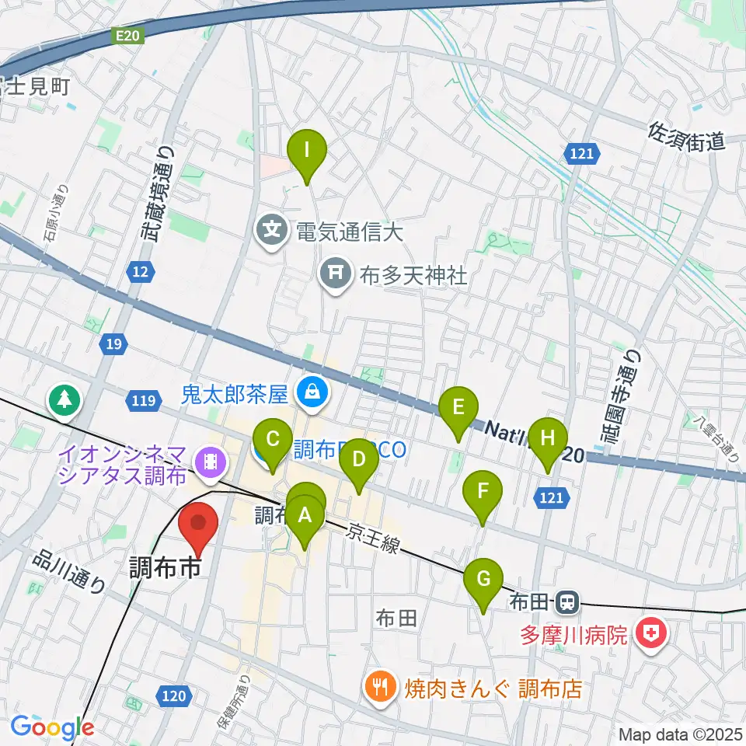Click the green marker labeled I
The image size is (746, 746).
pyautogui.click(x=307, y=150)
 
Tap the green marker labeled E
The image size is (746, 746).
pyautogui.click(x=458, y=407)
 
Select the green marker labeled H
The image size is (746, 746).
pyautogui.click(x=549, y=438)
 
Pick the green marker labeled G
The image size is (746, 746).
pyautogui.click(x=483, y=580)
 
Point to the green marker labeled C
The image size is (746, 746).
pyautogui.click(x=273, y=439)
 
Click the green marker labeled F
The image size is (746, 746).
pyautogui.click(x=483, y=492)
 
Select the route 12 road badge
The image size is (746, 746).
pyautogui.click(x=140, y=271)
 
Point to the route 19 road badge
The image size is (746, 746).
pyautogui.click(x=112, y=343)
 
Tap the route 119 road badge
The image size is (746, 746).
pyautogui.click(x=141, y=402)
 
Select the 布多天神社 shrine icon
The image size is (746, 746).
pyautogui.click(x=335, y=274)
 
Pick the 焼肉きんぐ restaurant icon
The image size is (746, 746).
pyautogui.click(x=380, y=686)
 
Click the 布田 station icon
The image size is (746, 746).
pyautogui.click(x=568, y=601)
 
